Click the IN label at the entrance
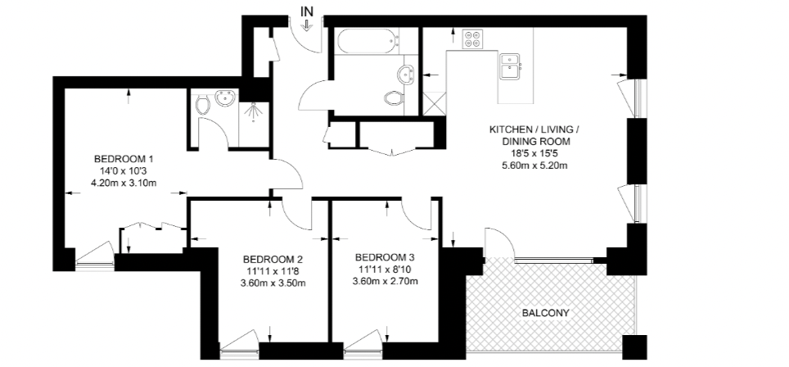pyautogui.click(x=308, y=11)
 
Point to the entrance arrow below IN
pyautogui.click(x=308, y=25)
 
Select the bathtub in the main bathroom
pyautogui.click(x=366, y=41)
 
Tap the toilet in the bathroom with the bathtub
pyautogui.click(x=394, y=98)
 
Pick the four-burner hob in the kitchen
pyautogui.click(x=472, y=39)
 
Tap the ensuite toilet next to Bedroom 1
pyautogui.click(x=203, y=104)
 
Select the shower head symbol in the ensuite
pyautogui.click(x=253, y=107)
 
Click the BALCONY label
pyautogui.click(x=545, y=313)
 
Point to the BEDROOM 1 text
pyautogui.click(x=124, y=158)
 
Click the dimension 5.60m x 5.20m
pyautogui.click(x=534, y=165)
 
